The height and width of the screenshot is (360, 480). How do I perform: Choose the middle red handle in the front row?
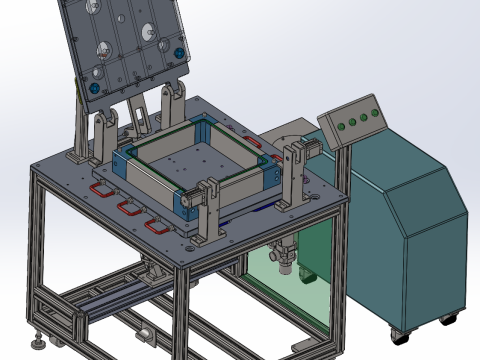click(128, 208)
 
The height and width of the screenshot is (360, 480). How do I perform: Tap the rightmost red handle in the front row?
click(156, 225)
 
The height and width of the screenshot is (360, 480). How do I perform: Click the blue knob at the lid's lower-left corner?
click(95, 87)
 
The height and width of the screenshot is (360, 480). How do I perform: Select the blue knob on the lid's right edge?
click(179, 52)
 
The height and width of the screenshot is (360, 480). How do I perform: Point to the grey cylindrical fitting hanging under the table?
click(283, 256)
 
